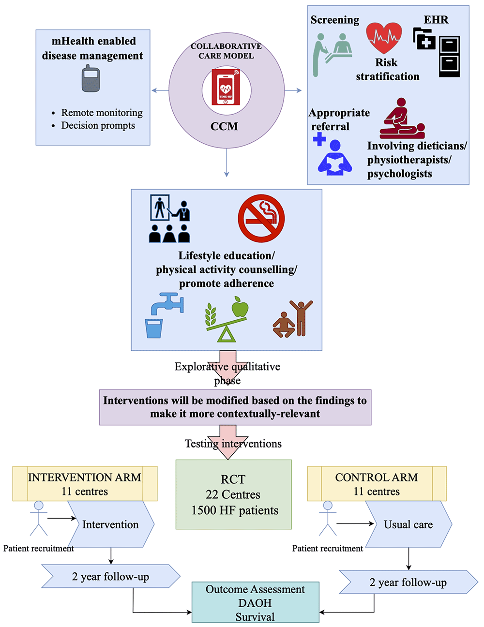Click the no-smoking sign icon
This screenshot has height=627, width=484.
[x=261, y=218]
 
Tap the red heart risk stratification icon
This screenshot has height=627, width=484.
[x=384, y=38]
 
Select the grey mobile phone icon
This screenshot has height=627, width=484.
[x=91, y=79]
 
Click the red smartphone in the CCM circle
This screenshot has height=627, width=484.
[x=226, y=87]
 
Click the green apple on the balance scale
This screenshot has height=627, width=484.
[x=240, y=307]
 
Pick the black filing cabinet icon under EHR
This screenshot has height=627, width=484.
[x=449, y=57]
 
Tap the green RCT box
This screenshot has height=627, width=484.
[x=233, y=494]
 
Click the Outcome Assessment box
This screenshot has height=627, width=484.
[x=255, y=602]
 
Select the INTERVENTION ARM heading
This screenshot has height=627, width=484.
[x=85, y=478]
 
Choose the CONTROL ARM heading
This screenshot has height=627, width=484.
[x=377, y=478]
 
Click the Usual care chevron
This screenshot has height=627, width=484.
[x=408, y=524]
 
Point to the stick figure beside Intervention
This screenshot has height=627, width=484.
[x=39, y=518]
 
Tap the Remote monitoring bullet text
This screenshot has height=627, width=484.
[x=102, y=113]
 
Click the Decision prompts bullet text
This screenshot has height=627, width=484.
[x=98, y=126]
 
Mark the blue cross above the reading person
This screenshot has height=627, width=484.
[x=319, y=139]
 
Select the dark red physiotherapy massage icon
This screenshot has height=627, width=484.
[x=402, y=119]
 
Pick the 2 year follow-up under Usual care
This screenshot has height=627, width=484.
[x=408, y=582]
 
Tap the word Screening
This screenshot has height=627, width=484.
[x=335, y=20]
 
